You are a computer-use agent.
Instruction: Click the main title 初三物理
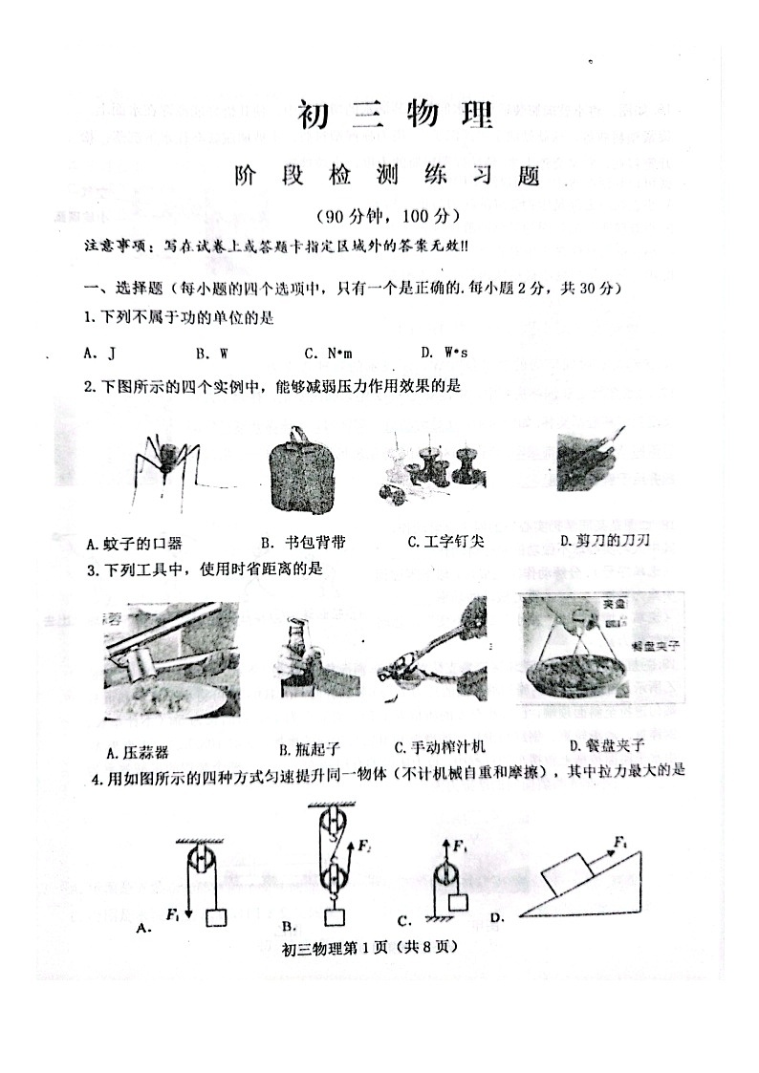(x=395, y=117)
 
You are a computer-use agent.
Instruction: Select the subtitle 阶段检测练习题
(x=386, y=178)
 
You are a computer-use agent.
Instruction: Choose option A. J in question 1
(x=99, y=353)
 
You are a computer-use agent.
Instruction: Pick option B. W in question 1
(x=212, y=353)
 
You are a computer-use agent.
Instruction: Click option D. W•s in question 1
(x=444, y=353)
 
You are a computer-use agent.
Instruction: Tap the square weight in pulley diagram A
(x=216, y=916)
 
